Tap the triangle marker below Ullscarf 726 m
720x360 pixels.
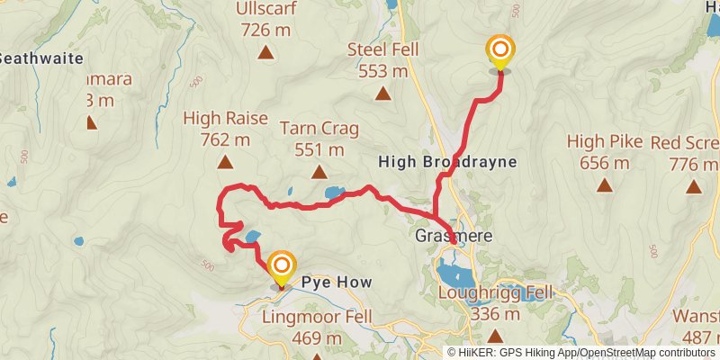point(266,52)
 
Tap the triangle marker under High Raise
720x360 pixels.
point(224,163)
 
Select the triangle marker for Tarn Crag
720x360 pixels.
point(318,171)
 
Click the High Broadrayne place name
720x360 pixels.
point(448,162)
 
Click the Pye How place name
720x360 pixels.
point(336,282)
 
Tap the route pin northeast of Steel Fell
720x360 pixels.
point(499,51)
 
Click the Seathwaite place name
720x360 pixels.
point(41,58)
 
